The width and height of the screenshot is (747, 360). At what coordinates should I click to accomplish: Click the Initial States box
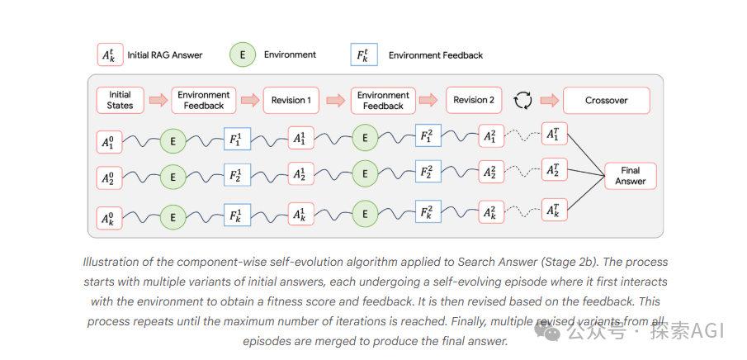[120, 100]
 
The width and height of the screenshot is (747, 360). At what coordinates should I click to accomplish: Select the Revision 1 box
[291, 100]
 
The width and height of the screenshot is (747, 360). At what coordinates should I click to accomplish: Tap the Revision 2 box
[474, 100]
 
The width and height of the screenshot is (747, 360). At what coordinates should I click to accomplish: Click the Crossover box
[606, 100]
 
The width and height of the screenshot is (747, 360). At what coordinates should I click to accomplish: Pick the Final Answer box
[631, 176]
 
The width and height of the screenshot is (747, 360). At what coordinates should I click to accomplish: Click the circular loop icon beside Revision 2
[522, 101]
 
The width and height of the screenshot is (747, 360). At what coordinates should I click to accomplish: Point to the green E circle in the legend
[243, 54]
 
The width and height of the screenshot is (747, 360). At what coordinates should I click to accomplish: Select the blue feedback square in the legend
[364, 54]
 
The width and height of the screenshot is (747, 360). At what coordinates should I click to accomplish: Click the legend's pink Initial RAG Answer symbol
[110, 54]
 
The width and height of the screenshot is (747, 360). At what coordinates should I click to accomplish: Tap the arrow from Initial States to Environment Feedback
[158, 100]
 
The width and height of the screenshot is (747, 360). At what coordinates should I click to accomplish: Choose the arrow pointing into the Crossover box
[549, 100]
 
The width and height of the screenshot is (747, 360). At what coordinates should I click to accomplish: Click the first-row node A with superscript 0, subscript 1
[109, 142]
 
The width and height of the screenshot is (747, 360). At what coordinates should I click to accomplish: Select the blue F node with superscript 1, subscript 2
[237, 176]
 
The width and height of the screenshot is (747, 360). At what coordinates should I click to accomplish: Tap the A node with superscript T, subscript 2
[555, 170]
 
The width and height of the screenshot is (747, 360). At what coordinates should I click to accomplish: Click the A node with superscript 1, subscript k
[301, 216]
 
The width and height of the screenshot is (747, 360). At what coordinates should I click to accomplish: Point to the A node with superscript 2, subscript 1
[491, 136]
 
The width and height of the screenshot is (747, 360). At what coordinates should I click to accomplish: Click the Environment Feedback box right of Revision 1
[383, 100]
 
